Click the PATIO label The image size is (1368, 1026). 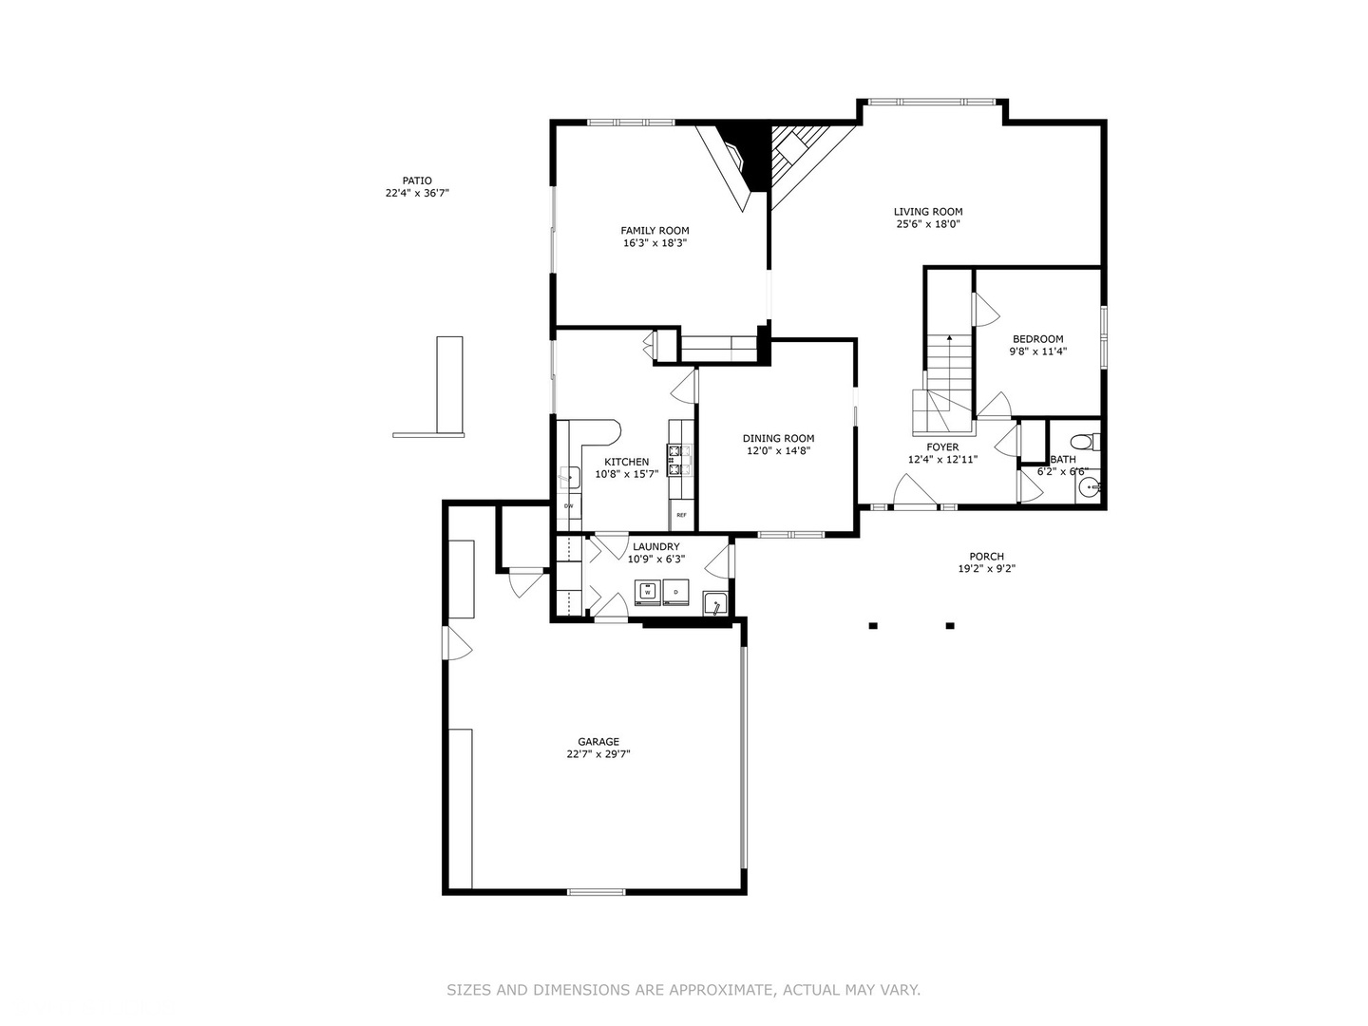point(416,180)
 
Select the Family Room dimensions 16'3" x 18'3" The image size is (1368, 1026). point(655,243)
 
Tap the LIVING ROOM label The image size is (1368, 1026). point(928,212)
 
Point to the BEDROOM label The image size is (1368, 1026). point(1037,339)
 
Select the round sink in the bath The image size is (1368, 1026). point(1089,489)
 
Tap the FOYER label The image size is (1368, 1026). point(942,446)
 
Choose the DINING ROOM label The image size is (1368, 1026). point(778,438)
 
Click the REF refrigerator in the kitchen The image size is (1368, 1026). point(681,514)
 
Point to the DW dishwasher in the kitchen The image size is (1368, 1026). point(568,505)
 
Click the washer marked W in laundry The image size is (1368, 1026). point(648,591)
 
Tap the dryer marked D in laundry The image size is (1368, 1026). point(675,591)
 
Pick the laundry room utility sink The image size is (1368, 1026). point(714,603)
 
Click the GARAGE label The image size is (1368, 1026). point(598,742)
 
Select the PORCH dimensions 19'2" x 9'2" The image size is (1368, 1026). point(986,570)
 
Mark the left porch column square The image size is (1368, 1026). point(872,625)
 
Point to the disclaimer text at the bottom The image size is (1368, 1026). point(683,990)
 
